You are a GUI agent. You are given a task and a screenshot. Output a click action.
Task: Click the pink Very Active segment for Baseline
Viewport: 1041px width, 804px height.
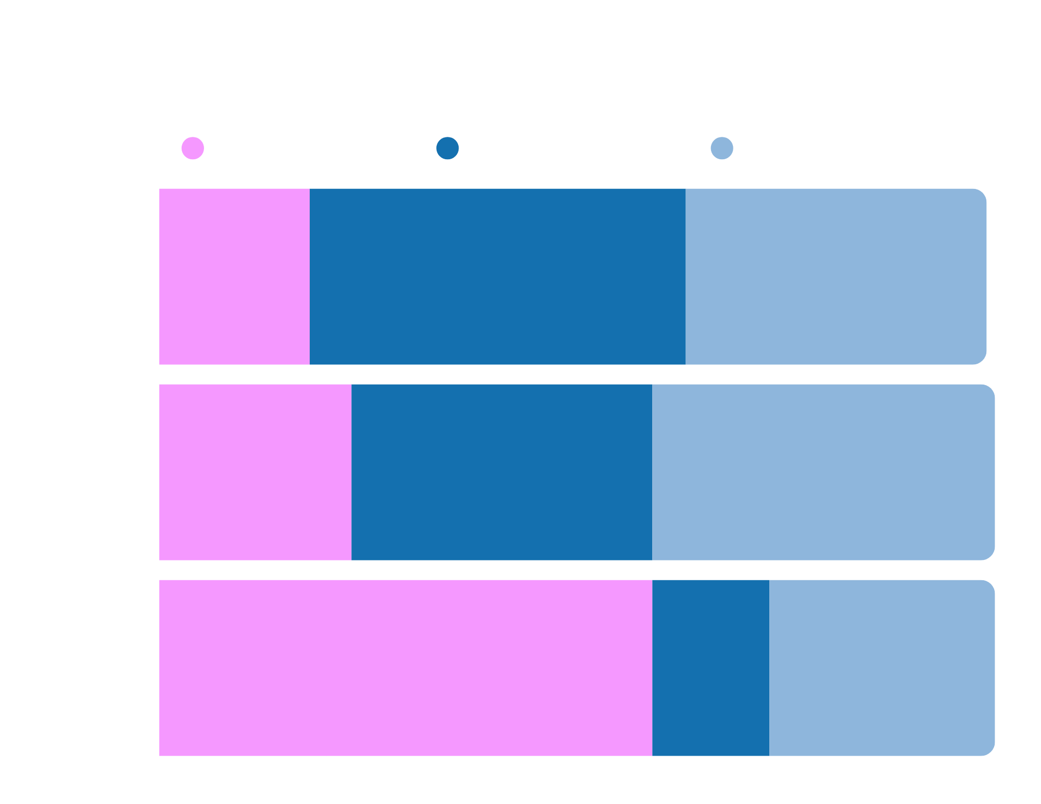[x=234, y=276]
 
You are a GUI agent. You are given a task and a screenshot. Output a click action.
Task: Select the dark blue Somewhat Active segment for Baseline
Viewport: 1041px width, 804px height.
[x=498, y=276]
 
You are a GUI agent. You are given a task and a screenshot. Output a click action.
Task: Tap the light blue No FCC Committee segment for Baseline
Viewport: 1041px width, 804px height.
[x=836, y=276]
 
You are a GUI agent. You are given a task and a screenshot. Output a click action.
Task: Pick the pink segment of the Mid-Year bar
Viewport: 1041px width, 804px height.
[x=255, y=472]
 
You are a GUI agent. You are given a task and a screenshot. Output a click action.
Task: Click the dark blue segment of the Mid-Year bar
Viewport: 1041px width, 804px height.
[x=502, y=472]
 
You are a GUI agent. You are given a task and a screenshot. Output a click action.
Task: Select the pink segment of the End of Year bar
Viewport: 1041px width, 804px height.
[x=405, y=668]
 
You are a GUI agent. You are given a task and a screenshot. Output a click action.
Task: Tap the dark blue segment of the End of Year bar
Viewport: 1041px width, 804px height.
[x=710, y=668]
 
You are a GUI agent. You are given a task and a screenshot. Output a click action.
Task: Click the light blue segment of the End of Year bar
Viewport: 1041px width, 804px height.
[x=882, y=668]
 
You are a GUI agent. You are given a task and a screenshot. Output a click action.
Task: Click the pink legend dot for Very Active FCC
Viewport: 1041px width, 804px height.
[x=193, y=148]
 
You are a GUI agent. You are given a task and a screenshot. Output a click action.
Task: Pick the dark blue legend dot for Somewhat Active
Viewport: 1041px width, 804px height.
[x=448, y=148]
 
